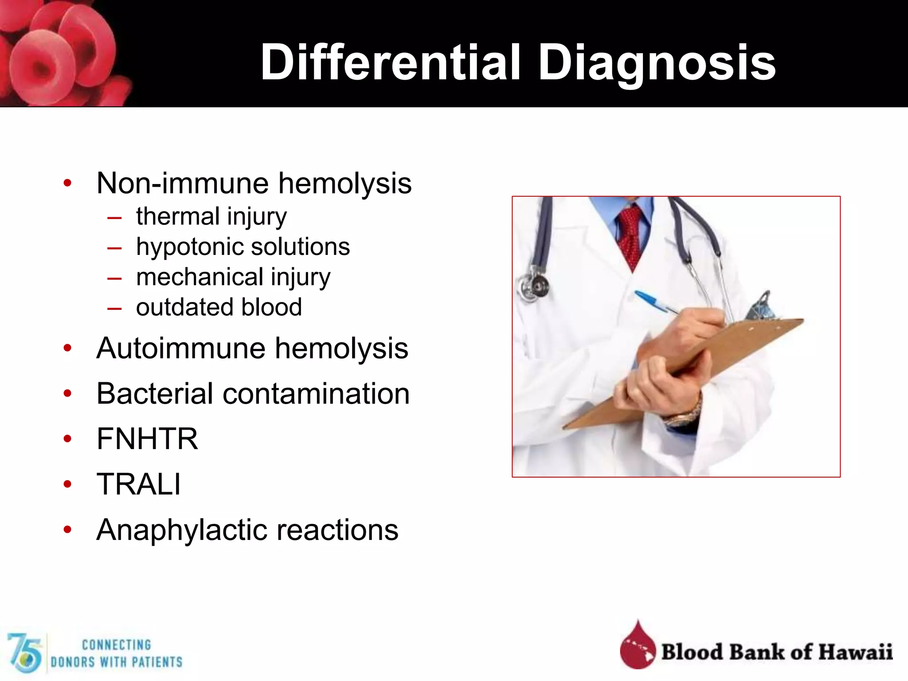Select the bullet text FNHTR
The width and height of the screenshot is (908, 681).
click(x=147, y=439)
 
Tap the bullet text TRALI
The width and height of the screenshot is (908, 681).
click(x=139, y=484)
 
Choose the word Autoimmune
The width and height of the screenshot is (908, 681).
click(x=181, y=348)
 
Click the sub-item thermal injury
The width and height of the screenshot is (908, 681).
click(x=211, y=217)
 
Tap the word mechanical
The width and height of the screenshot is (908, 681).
click(x=200, y=277)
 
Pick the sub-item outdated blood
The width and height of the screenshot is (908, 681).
click(x=219, y=307)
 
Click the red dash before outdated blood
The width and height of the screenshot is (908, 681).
click(x=114, y=308)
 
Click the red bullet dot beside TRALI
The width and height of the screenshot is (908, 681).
click(x=67, y=484)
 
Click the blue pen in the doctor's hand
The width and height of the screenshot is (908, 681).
click(x=652, y=301)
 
